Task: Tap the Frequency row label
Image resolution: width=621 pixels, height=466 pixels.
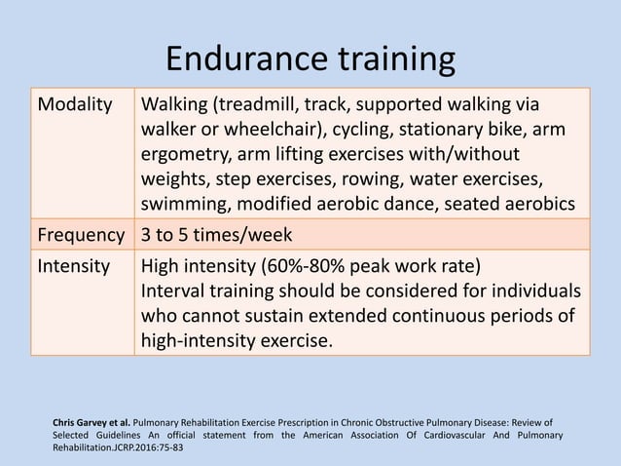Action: pyautogui.click(x=81, y=235)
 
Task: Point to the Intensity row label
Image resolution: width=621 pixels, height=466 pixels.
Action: pyautogui.click(x=73, y=266)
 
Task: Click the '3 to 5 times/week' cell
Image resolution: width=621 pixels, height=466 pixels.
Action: pyautogui.click(x=217, y=235)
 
